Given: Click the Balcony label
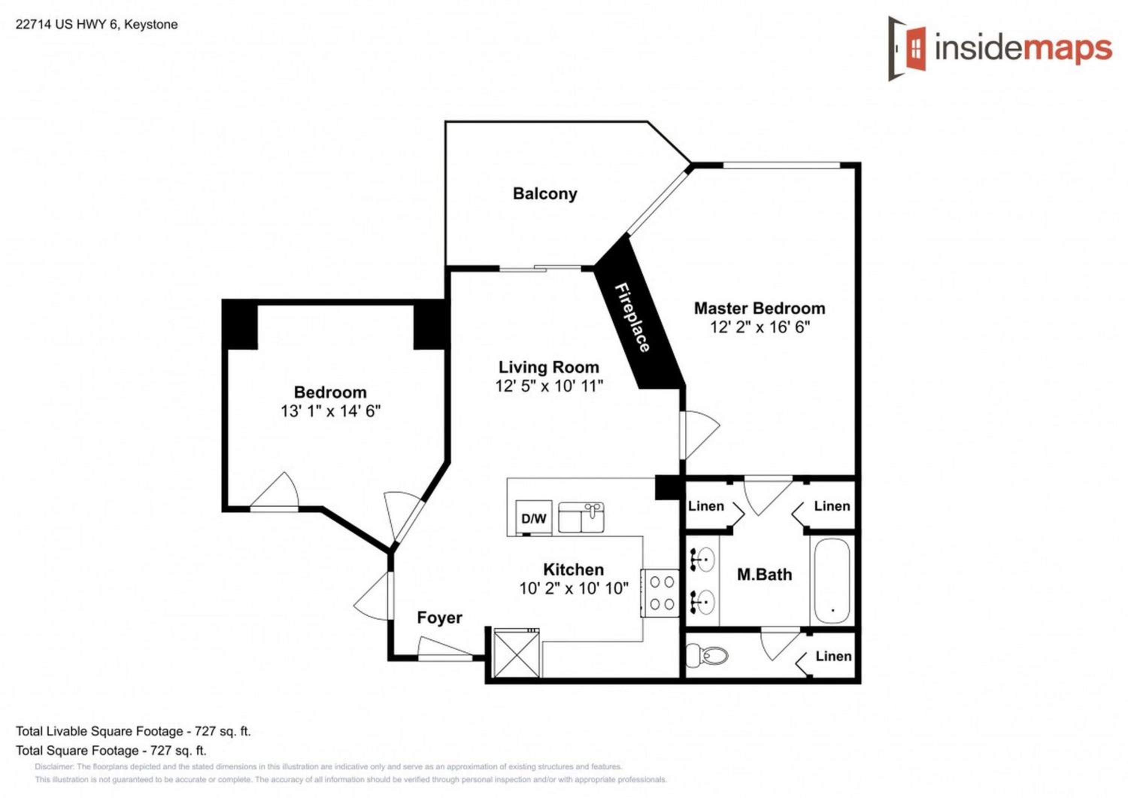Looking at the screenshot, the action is click(x=545, y=194).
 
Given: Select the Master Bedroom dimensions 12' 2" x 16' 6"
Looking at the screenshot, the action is click(x=760, y=327).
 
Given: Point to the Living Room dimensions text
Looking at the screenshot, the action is click(x=549, y=386).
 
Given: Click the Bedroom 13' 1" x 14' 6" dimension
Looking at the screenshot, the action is click(x=331, y=411).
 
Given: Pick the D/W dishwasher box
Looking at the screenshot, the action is click(x=534, y=518).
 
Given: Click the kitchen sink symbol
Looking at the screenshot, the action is click(x=581, y=517).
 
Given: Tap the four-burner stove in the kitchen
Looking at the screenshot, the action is click(x=662, y=593).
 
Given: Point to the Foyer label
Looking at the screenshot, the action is click(x=440, y=617).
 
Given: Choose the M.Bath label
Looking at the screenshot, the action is click(x=764, y=574).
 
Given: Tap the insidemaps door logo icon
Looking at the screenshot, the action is click(x=907, y=49).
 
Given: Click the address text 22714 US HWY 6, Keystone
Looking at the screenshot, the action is click(x=97, y=24).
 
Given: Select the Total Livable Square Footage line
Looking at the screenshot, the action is click(x=133, y=731).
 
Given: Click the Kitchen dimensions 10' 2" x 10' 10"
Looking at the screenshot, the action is click(x=574, y=588).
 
